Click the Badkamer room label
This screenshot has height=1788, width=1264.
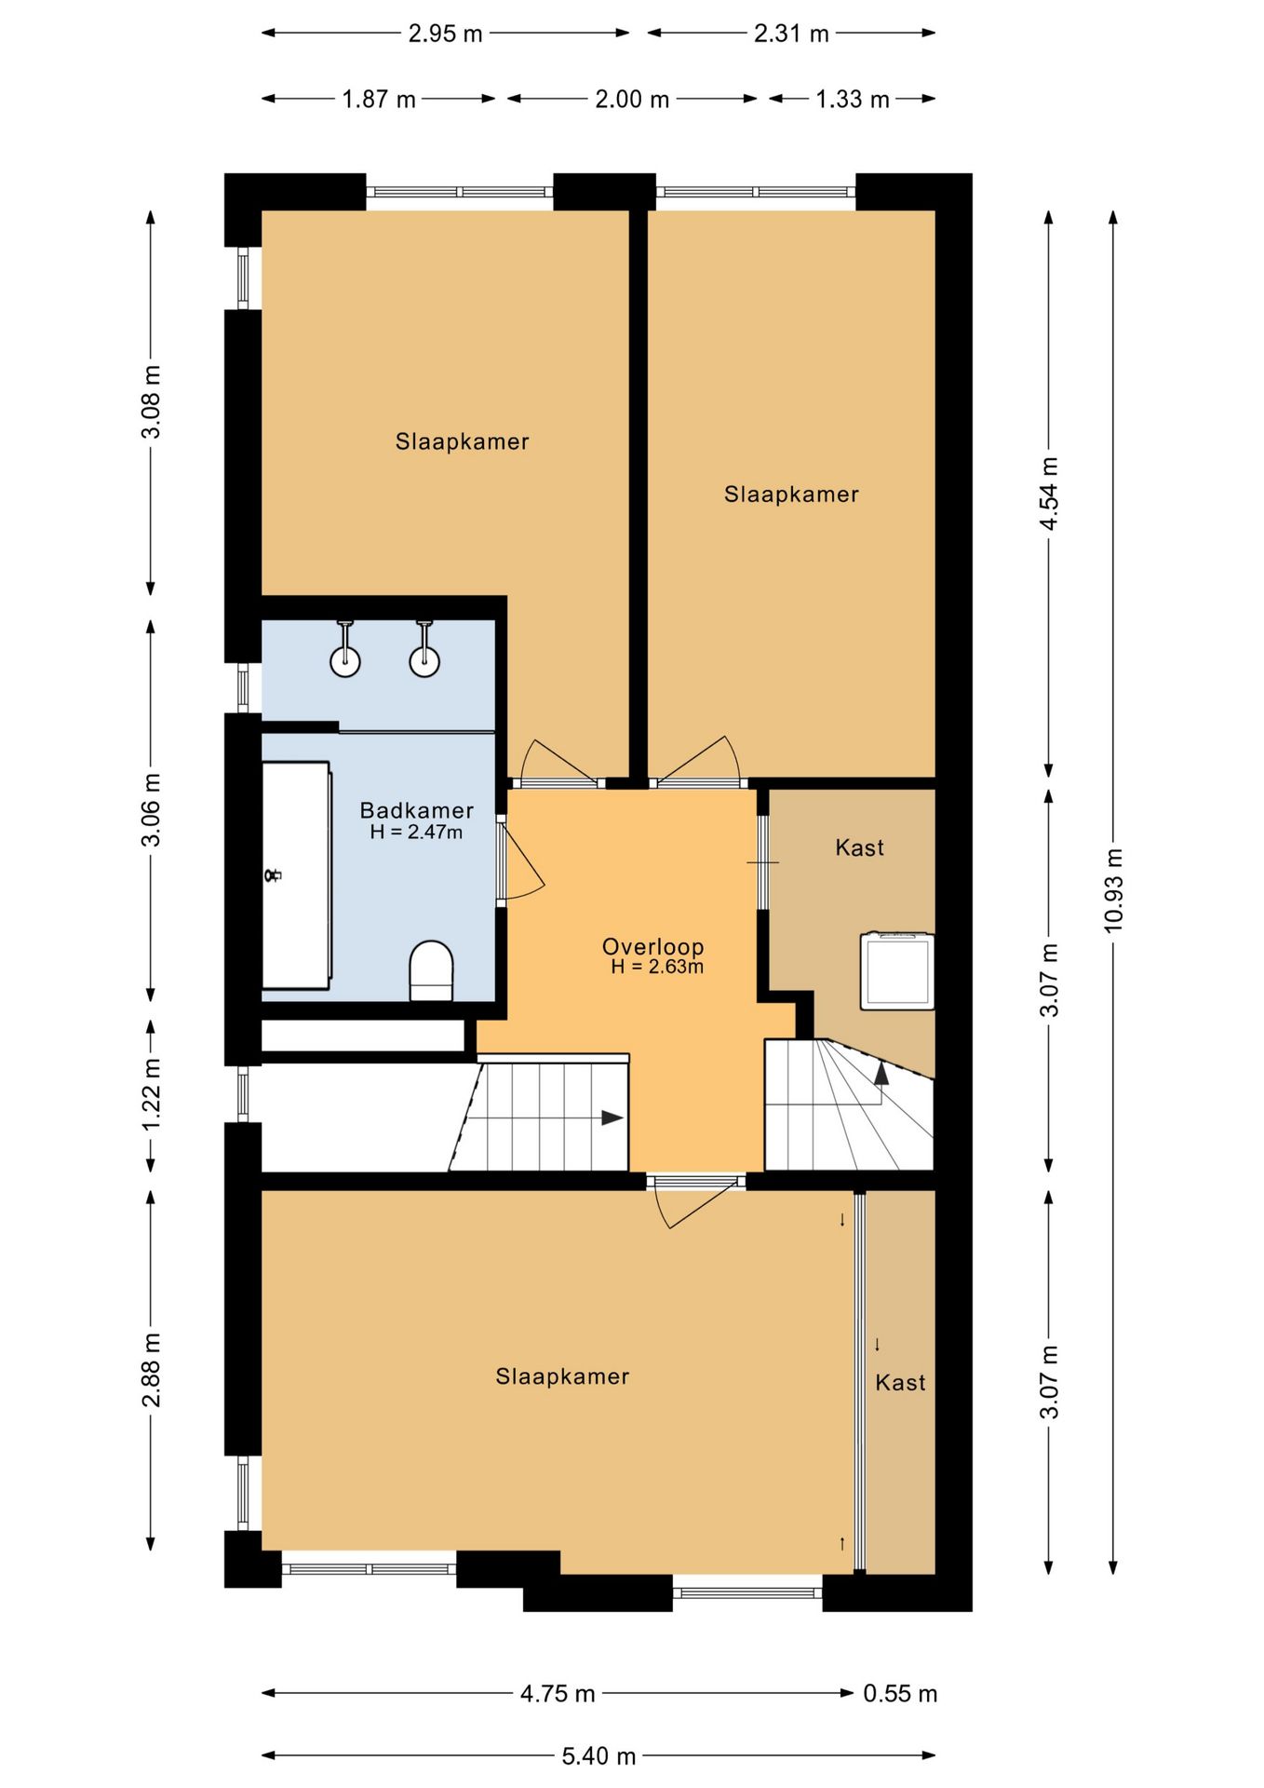point(416,810)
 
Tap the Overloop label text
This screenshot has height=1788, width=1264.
point(652,946)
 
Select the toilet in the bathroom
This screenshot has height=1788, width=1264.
point(431,970)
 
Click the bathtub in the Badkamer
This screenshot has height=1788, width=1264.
point(297,874)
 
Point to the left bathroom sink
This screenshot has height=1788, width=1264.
point(345,650)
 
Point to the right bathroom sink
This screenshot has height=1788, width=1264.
point(424,650)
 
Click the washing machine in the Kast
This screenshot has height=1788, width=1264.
point(897,970)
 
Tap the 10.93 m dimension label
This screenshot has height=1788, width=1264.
point(1113,890)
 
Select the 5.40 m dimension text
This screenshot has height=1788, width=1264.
point(598,1756)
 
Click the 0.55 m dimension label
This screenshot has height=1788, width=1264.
point(900,1693)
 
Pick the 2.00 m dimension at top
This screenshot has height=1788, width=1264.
point(632,99)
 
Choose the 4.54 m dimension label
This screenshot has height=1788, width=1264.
point(1049,494)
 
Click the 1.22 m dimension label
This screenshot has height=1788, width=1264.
point(151,1094)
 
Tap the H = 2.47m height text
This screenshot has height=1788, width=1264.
point(416,833)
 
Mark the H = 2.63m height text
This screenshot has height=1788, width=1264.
point(657,967)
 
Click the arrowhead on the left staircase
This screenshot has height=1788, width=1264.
point(612,1117)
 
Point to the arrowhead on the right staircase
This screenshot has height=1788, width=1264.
point(881,1074)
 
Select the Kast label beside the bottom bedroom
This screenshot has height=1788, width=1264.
point(900,1383)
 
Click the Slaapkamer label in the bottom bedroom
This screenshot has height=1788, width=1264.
point(562,1376)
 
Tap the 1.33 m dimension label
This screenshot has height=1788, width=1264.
point(853,99)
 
